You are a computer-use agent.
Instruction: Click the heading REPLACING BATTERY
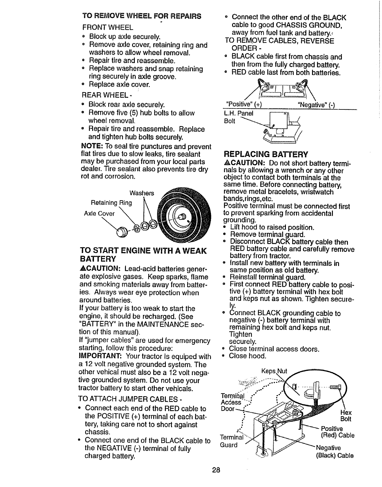(266, 154)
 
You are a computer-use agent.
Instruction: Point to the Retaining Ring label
(111, 203)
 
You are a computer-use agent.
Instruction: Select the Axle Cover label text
(99, 213)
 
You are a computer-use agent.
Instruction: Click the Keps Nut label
(274, 371)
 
